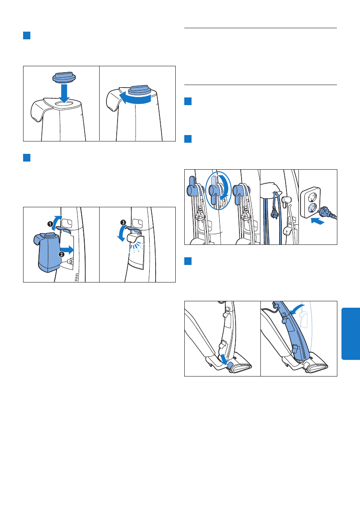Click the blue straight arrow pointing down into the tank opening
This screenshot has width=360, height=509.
point(65,93)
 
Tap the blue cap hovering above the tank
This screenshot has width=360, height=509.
point(64,77)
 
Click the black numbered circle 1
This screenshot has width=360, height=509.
point(50,224)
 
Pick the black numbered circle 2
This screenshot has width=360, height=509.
point(61,254)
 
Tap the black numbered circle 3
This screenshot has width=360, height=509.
point(123,222)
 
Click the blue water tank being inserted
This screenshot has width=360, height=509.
point(47,252)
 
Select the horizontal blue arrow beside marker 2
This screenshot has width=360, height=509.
point(68,250)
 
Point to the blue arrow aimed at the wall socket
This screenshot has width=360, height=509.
point(318,221)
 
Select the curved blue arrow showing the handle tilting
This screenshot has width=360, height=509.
point(297,309)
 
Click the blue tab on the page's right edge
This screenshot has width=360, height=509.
point(351,334)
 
